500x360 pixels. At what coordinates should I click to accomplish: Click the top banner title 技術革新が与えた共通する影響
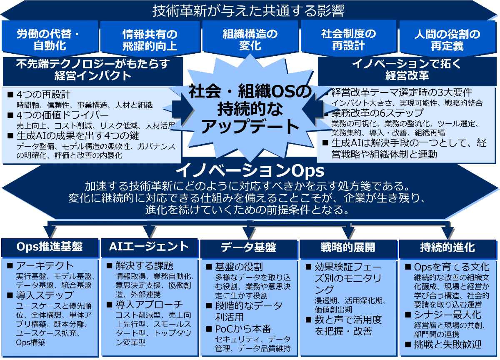248,11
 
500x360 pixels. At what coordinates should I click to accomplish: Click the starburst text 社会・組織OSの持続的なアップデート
250,109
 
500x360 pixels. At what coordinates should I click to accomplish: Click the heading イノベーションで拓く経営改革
407,70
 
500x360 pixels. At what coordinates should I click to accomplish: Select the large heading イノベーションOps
250,171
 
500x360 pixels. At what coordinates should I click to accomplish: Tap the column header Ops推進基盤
50,247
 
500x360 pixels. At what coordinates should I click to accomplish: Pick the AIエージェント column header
149,247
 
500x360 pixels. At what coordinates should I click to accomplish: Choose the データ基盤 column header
248,247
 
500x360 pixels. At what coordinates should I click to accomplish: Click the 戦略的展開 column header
348,247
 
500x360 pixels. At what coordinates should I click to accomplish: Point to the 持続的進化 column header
447,247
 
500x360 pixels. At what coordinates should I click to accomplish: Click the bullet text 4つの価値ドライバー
62,115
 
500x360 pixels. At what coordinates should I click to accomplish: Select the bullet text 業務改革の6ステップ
377,113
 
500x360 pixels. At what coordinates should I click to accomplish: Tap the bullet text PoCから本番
243,329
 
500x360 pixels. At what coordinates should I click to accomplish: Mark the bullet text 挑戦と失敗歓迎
447,345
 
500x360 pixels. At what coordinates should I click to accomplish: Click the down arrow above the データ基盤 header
249,230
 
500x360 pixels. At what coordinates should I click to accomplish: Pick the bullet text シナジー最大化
447,315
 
